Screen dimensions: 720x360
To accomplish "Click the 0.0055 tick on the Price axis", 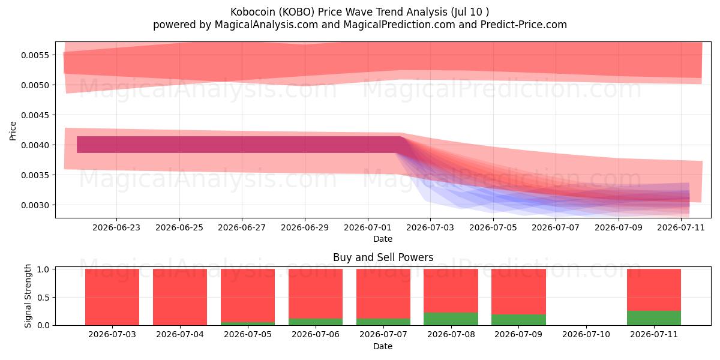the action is click(x=35, y=55).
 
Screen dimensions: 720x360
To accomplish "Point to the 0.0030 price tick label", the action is click(x=35, y=205).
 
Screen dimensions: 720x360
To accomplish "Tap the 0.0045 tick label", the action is click(x=35, y=115).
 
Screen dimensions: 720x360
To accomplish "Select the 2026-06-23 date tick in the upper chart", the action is click(x=116, y=227).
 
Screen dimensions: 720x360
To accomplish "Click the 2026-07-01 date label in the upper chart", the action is click(x=368, y=227).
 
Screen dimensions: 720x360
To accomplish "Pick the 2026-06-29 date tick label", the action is click(x=305, y=227).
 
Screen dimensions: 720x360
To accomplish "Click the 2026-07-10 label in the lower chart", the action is click(x=586, y=335).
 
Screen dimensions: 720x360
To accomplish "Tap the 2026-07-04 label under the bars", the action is click(x=180, y=335).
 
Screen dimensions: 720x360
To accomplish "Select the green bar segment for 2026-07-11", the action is click(x=654, y=318).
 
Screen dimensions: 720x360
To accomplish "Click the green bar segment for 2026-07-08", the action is click(x=451, y=319).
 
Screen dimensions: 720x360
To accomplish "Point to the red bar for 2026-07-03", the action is click(x=112, y=297).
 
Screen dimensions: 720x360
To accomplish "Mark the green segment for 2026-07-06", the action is click(x=316, y=322).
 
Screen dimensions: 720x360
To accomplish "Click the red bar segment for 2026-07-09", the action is click(x=518, y=292).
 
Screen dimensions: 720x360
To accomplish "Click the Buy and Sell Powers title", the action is click(x=383, y=257).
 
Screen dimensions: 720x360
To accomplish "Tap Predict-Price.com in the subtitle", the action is click(x=524, y=25).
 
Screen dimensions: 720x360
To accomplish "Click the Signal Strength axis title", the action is click(x=28, y=296).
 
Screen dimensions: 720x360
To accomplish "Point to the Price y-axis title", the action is click(x=13, y=131).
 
